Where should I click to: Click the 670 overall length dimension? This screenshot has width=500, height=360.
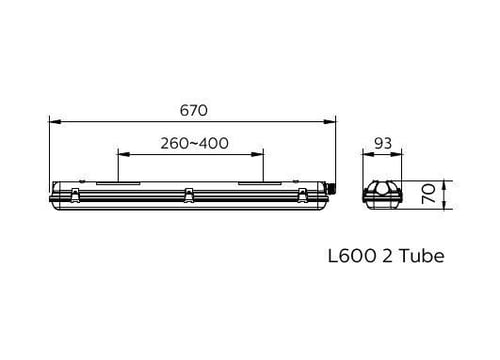(x=193, y=110)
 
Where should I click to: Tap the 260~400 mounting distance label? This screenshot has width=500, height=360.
(x=195, y=143)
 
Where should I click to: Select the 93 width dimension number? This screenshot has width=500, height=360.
(x=383, y=143)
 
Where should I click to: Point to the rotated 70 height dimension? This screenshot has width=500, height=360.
(x=429, y=194)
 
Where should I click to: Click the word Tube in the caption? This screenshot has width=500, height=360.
(x=422, y=256)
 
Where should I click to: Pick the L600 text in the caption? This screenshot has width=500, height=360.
(x=352, y=256)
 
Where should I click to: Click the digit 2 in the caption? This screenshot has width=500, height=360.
(x=387, y=256)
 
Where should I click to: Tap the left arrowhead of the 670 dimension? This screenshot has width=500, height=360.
(x=55, y=122)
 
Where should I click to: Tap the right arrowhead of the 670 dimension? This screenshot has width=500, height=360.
(x=330, y=122)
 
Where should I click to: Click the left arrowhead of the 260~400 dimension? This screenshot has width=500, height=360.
(x=124, y=154)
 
